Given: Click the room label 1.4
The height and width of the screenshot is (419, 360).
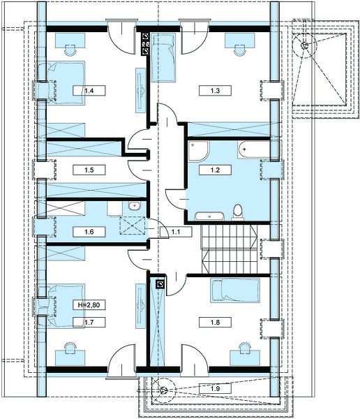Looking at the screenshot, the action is point(89,91).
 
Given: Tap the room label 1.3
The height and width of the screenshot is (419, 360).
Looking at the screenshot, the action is point(215,91).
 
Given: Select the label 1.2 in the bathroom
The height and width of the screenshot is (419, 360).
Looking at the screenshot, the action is point(215,170).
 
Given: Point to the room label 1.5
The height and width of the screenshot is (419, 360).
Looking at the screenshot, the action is point(89,170).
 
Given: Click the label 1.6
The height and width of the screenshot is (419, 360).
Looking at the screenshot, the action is point(89,232).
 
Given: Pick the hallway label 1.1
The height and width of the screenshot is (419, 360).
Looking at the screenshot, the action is point(175,232).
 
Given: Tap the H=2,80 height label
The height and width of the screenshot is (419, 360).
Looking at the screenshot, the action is point(89,304).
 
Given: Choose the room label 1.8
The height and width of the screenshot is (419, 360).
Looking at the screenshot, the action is point(215,322).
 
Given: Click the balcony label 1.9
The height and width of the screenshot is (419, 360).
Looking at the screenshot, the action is point(215,388).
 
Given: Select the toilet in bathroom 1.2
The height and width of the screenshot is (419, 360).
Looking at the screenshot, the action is point(237,212).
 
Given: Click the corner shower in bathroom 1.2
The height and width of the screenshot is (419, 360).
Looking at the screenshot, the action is point(199,152).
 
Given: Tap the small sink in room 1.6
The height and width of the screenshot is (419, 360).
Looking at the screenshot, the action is point(133,206).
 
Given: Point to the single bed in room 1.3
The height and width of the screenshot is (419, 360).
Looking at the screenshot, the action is point(163,57).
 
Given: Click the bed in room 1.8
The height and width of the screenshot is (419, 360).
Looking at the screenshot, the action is point(235,291).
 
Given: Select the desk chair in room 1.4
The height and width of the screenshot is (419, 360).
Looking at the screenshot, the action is point(70,50).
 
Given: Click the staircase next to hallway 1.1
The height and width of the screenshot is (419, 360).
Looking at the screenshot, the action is point(230,249).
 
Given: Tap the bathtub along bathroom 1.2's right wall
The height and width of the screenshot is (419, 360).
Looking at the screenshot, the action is point(255,149).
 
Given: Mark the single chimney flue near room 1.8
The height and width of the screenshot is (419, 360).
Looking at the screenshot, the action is point(160,284).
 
